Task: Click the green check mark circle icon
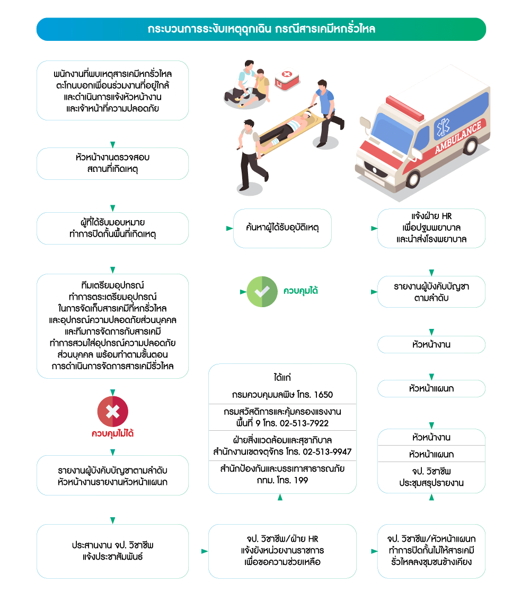tap(262, 291)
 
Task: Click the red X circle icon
tap(112, 412)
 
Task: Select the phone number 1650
tap(323, 395)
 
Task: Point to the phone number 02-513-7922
tap(305, 423)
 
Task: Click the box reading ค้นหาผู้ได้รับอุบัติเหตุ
tap(282, 228)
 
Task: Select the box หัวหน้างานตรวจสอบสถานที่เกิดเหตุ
tap(112, 163)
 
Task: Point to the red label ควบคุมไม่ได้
tap(112, 433)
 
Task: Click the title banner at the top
tap(261, 29)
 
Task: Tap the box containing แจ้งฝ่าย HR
tap(431, 228)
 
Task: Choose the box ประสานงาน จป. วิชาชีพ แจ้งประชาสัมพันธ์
tap(112, 551)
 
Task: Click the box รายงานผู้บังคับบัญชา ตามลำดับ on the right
tap(431, 292)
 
